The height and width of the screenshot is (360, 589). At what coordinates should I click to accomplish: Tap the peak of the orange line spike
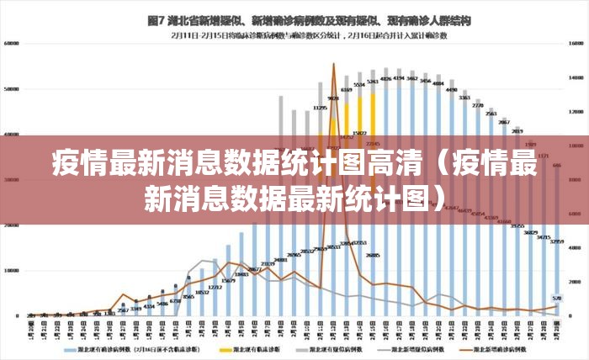coord(333,64)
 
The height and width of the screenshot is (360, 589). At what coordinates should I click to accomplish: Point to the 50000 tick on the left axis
coord(12,88)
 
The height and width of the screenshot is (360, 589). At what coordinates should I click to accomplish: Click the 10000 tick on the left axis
coord(12,271)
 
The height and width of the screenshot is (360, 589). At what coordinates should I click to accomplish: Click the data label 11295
coord(321,109)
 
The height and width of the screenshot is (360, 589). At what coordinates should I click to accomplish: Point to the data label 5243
coord(373,82)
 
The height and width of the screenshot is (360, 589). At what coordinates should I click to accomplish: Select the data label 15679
coord(228,280)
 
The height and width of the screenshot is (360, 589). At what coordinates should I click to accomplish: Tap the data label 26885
coord(373,255)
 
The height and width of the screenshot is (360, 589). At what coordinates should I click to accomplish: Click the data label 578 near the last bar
coord(556,298)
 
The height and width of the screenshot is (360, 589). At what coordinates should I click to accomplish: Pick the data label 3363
coord(464,98)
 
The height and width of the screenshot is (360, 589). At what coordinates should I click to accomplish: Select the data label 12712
coord(215,287)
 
